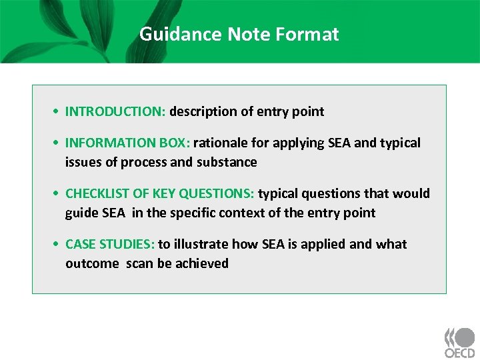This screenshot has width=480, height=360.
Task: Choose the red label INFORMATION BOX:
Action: [127, 143]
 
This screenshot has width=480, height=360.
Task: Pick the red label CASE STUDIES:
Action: [110, 244]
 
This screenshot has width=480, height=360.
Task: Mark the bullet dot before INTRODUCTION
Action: [59, 112]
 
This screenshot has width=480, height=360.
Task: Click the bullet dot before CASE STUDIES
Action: [59, 245]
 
